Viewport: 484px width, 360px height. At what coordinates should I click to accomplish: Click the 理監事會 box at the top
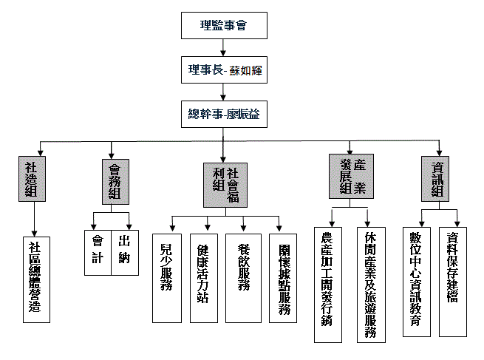tap(223, 24)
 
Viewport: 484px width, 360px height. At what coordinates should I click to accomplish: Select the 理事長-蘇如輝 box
tap(223, 71)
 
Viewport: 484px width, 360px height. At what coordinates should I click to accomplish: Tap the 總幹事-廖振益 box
tap(223, 115)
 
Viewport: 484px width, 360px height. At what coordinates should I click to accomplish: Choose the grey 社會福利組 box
tap(225, 184)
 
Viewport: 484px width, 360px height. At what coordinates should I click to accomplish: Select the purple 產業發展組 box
tap(350, 176)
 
